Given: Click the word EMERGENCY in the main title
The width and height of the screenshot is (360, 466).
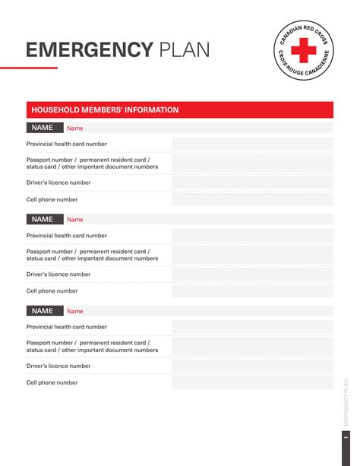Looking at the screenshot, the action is tap(90, 50).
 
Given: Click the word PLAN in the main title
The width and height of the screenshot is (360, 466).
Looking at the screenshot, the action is tap(184, 50).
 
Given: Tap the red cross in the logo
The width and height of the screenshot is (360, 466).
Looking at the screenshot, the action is tap(303, 52).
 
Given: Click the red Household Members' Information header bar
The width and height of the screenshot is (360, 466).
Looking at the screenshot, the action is tap(179, 110).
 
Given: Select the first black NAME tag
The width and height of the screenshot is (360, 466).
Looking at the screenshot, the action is tap(43, 128).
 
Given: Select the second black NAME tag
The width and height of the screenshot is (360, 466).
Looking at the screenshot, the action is tap(43, 220).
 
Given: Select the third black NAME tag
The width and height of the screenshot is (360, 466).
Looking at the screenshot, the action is tap(43, 311).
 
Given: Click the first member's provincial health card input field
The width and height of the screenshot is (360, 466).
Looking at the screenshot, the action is tap(252, 144).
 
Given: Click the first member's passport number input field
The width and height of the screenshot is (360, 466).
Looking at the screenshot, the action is tap(252, 163).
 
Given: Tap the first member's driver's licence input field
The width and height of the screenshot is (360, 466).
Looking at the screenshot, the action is tap(252, 183).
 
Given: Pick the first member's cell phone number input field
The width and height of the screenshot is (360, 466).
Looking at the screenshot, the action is tap(252, 200).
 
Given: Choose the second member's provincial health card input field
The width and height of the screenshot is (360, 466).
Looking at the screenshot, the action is tap(252, 236).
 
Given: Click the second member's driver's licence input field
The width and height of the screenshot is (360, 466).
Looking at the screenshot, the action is tap(252, 274).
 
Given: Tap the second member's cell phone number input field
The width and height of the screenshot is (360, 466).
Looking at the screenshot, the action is tap(252, 291).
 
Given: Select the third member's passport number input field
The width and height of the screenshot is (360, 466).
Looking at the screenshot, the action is tap(252, 347).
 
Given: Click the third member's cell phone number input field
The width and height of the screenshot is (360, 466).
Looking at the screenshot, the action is tap(252, 383).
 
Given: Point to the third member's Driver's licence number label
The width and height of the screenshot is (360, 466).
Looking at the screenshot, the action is tap(58, 366).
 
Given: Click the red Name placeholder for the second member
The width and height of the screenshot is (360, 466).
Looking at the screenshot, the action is tap(75, 220).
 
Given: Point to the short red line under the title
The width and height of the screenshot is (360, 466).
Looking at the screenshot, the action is tap(29, 68).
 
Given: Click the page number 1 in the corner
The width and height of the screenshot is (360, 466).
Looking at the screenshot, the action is tap(346, 440).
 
